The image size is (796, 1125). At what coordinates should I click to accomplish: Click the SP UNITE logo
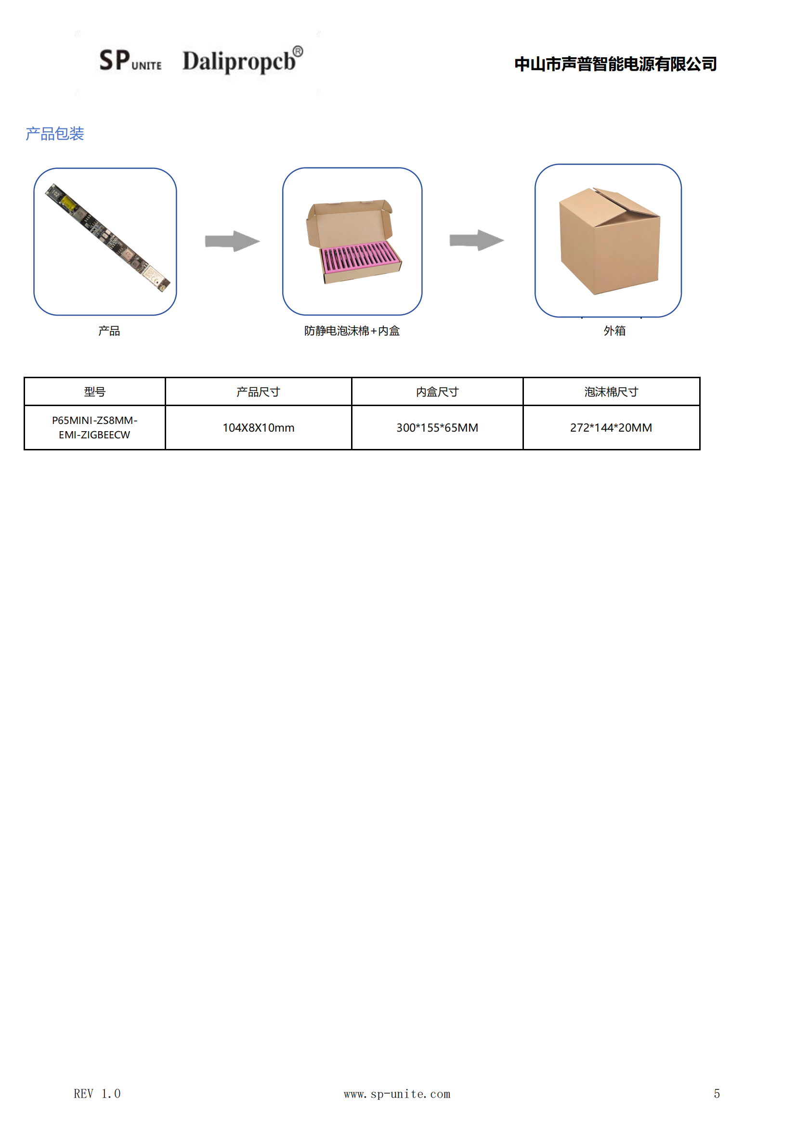coord(130,60)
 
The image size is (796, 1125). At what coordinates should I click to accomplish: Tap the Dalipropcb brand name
coord(243,60)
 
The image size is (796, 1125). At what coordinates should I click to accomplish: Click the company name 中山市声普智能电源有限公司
coord(615,64)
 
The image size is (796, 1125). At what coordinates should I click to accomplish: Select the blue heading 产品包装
coord(55,134)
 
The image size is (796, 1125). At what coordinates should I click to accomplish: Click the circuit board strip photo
coord(107,238)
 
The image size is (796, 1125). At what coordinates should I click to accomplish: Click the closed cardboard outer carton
coord(610,241)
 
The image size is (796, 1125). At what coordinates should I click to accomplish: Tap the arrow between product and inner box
coord(233,241)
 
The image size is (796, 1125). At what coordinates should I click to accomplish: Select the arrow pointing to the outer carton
coord(477,240)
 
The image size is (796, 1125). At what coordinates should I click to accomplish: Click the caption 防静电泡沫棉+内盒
coord(352,331)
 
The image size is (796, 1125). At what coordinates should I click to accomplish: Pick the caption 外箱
coord(614,331)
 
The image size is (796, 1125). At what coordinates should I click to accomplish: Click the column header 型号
coord(95,392)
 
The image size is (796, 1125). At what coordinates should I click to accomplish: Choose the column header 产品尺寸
coord(259,392)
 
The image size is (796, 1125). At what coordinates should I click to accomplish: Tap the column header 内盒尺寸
coord(437,392)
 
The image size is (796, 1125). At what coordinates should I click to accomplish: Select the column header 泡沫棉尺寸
coord(611,392)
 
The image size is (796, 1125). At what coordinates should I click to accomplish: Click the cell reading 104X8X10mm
coord(259,428)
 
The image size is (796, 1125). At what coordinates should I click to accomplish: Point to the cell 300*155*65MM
coord(437,428)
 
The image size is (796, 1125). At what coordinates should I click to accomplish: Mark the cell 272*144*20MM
coord(611,428)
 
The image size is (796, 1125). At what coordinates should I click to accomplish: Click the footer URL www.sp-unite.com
coord(397,1094)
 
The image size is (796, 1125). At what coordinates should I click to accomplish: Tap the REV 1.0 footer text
coord(97,1094)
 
